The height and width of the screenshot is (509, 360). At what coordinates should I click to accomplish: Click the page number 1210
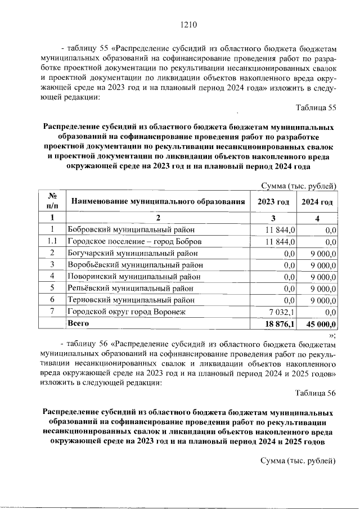(x=188, y=25)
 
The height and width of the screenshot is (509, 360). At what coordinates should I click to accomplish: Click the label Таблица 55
(x=316, y=108)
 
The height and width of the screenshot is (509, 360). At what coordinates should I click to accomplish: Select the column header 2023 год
(x=273, y=201)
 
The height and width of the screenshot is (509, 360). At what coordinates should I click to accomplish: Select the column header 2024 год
(x=317, y=201)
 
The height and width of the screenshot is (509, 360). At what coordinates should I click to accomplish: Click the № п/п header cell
(x=51, y=201)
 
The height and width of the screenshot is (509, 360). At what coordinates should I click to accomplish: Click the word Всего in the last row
(x=78, y=324)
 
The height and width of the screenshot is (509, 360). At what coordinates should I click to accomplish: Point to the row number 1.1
(x=51, y=241)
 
